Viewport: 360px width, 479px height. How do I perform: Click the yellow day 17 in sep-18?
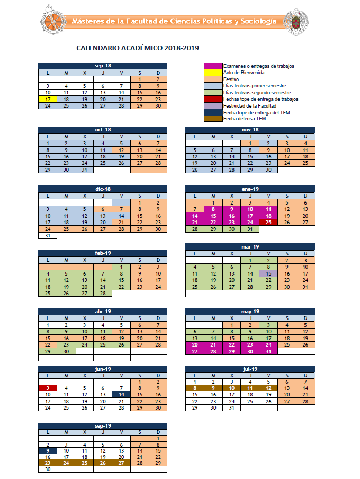48,99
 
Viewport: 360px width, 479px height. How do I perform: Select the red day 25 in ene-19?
268,223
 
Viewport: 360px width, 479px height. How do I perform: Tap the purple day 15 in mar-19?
268,273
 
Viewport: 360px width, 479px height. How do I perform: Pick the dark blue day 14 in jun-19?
121,395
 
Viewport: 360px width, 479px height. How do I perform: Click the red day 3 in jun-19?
48,388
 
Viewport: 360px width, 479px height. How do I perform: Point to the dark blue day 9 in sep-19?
48,450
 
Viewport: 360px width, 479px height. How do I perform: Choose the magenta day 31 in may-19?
268,351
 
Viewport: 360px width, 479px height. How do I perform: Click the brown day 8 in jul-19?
195,388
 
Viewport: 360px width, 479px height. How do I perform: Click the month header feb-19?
103,253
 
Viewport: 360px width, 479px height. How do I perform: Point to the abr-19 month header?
103,312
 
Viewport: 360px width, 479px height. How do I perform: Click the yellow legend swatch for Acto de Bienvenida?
213,73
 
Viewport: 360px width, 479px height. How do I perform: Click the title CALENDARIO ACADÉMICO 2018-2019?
138,48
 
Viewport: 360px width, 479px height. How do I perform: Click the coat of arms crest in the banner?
295,21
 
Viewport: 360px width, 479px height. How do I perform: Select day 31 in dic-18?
48,236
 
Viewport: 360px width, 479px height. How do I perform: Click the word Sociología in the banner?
258,21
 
